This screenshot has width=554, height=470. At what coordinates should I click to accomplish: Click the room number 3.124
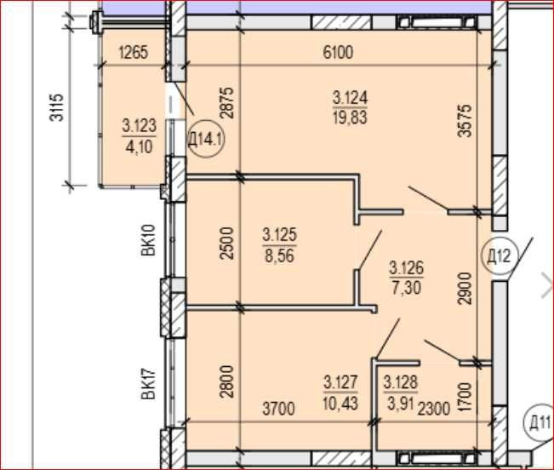click(x=350, y=98)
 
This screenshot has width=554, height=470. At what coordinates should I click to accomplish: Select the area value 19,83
click(x=350, y=117)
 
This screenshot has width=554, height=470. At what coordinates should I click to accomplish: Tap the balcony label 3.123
click(x=140, y=126)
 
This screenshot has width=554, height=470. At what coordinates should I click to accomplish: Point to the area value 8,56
click(x=279, y=255)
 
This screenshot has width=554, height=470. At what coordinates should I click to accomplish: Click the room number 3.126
click(x=406, y=267)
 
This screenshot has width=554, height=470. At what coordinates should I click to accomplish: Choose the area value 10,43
click(x=340, y=403)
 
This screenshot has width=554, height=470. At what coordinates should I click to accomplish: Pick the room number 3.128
click(x=401, y=382)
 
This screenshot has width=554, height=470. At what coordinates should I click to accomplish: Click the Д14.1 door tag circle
click(x=205, y=140)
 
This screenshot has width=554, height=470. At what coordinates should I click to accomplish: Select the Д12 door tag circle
click(x=499, y=255)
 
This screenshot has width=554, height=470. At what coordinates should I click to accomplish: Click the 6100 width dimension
click(x=338, y=53)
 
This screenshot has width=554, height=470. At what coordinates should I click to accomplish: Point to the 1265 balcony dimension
click(x=134, y=53)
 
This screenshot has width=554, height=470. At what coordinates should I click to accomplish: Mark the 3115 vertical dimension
click(x=57, y=107)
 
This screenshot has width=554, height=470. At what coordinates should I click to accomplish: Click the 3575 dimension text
click(x=465, y=121)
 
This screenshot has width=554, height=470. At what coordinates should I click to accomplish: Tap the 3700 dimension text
click(x=279, y=409)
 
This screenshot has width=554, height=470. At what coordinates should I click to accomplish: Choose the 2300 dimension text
click(x=434, y=409)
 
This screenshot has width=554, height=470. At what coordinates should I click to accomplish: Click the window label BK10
click(x=148, y=240)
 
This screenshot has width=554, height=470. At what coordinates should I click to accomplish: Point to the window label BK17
click(x=148, y=384)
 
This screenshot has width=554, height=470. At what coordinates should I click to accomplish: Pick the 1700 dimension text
click(x=465, y=397)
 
